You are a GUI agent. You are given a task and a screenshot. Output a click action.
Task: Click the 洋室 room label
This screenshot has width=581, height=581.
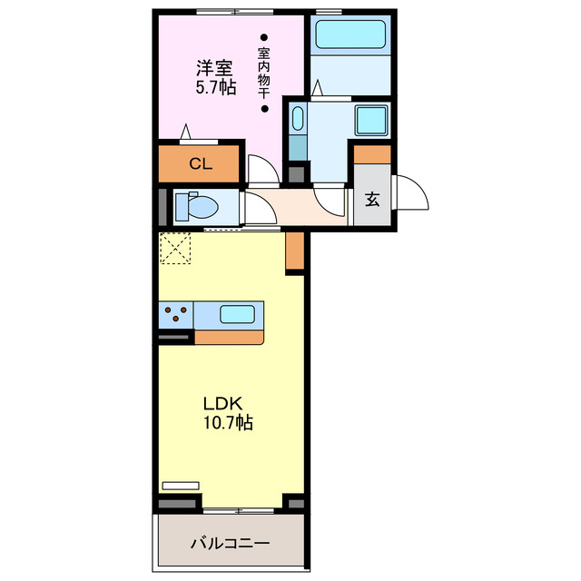click(x=215, y=67)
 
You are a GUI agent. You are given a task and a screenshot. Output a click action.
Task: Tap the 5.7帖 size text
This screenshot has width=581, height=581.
click(x=215, y=88)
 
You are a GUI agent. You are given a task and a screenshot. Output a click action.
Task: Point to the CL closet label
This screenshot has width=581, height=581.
click(x=201, y=164)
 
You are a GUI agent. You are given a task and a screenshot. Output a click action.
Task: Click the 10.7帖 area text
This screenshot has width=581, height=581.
click(x=228, y=422)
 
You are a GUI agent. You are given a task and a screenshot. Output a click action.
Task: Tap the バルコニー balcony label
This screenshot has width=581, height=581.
click(x=230, y=544)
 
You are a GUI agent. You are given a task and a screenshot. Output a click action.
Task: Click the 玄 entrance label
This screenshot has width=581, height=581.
click(x=372, y=200)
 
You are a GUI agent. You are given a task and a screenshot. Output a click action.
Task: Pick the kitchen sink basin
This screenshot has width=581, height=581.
click(x=237, y=315)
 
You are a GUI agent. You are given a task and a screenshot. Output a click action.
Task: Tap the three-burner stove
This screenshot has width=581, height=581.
click(x=176, y=315)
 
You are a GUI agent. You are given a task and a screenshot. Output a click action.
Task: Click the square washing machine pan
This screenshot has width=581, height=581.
click(x=370, y=121)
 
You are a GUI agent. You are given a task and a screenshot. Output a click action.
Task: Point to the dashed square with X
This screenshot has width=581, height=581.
click(x=175, y=248)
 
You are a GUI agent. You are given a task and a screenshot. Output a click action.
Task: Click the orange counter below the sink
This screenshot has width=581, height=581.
click(x=229, y=337)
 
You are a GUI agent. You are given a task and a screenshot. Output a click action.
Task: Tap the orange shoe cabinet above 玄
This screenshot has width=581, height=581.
click(x=372, y=153)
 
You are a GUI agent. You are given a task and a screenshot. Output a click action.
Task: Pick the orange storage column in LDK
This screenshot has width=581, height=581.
click(x=294, y=252)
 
